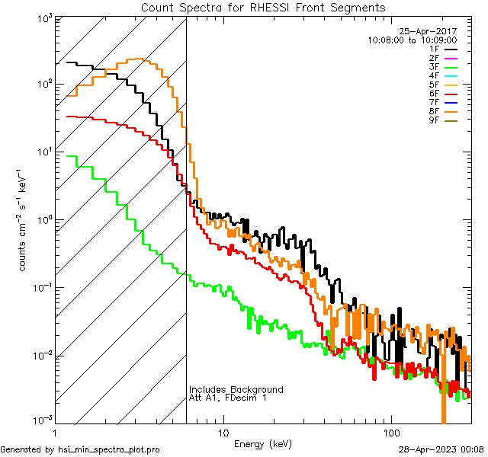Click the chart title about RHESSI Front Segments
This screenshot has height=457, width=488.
tap(263, 7)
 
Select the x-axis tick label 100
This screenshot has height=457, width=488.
tap(391, 432)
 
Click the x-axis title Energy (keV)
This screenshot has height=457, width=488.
tap(263, 443)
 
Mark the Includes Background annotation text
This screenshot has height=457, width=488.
tap(236, 389)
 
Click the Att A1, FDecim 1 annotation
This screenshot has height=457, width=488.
tap(228, 398)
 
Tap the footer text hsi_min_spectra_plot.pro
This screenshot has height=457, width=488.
tap(109, 450)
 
